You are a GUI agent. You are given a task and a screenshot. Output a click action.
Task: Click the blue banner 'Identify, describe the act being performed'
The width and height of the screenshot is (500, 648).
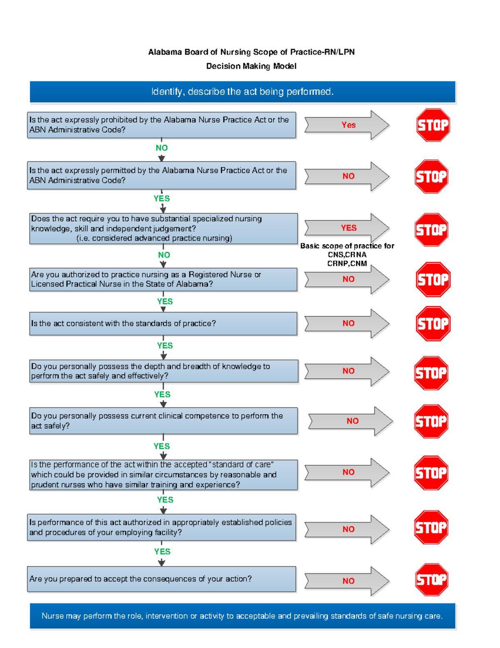click(242, 92)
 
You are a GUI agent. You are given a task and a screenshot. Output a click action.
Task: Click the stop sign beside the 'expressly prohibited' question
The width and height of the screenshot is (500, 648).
click(433, 125)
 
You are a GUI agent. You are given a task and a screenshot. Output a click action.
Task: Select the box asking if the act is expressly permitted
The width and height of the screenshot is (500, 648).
click(162, 176)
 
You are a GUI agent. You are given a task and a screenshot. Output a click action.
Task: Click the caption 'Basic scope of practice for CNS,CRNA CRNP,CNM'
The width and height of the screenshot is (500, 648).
click(347, 255)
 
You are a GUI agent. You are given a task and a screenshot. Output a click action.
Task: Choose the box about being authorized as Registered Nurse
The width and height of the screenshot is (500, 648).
click(163, 280)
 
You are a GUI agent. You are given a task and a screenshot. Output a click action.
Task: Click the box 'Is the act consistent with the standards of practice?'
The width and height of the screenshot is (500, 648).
click(163, 324)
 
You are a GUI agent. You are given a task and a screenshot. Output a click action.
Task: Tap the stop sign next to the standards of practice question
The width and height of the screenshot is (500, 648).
click(433, 324)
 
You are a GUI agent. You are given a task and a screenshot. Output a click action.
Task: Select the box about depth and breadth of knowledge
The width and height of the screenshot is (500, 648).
click(164, 371)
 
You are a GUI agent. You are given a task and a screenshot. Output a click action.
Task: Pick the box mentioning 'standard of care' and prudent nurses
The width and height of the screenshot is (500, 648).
click(163, 475)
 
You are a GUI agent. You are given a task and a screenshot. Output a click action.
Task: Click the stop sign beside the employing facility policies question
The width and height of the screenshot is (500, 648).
click(431, 527)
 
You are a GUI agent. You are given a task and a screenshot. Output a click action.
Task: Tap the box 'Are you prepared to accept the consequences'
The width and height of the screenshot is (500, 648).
click(162, 579)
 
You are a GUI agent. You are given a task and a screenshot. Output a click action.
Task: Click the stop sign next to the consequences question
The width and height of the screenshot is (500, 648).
click(432, 580)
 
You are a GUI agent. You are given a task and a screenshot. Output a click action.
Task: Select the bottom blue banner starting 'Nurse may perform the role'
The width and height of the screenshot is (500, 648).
click(242, 616)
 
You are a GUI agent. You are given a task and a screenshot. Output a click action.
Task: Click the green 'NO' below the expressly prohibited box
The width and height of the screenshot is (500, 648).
click(162, 148)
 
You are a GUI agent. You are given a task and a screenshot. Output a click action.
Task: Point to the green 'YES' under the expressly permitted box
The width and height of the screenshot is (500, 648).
click(162, 199)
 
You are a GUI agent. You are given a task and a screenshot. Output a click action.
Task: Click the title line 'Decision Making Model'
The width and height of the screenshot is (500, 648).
click(251, 66)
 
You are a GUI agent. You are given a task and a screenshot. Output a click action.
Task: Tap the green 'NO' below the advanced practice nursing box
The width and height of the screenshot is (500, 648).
click(164, 255)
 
